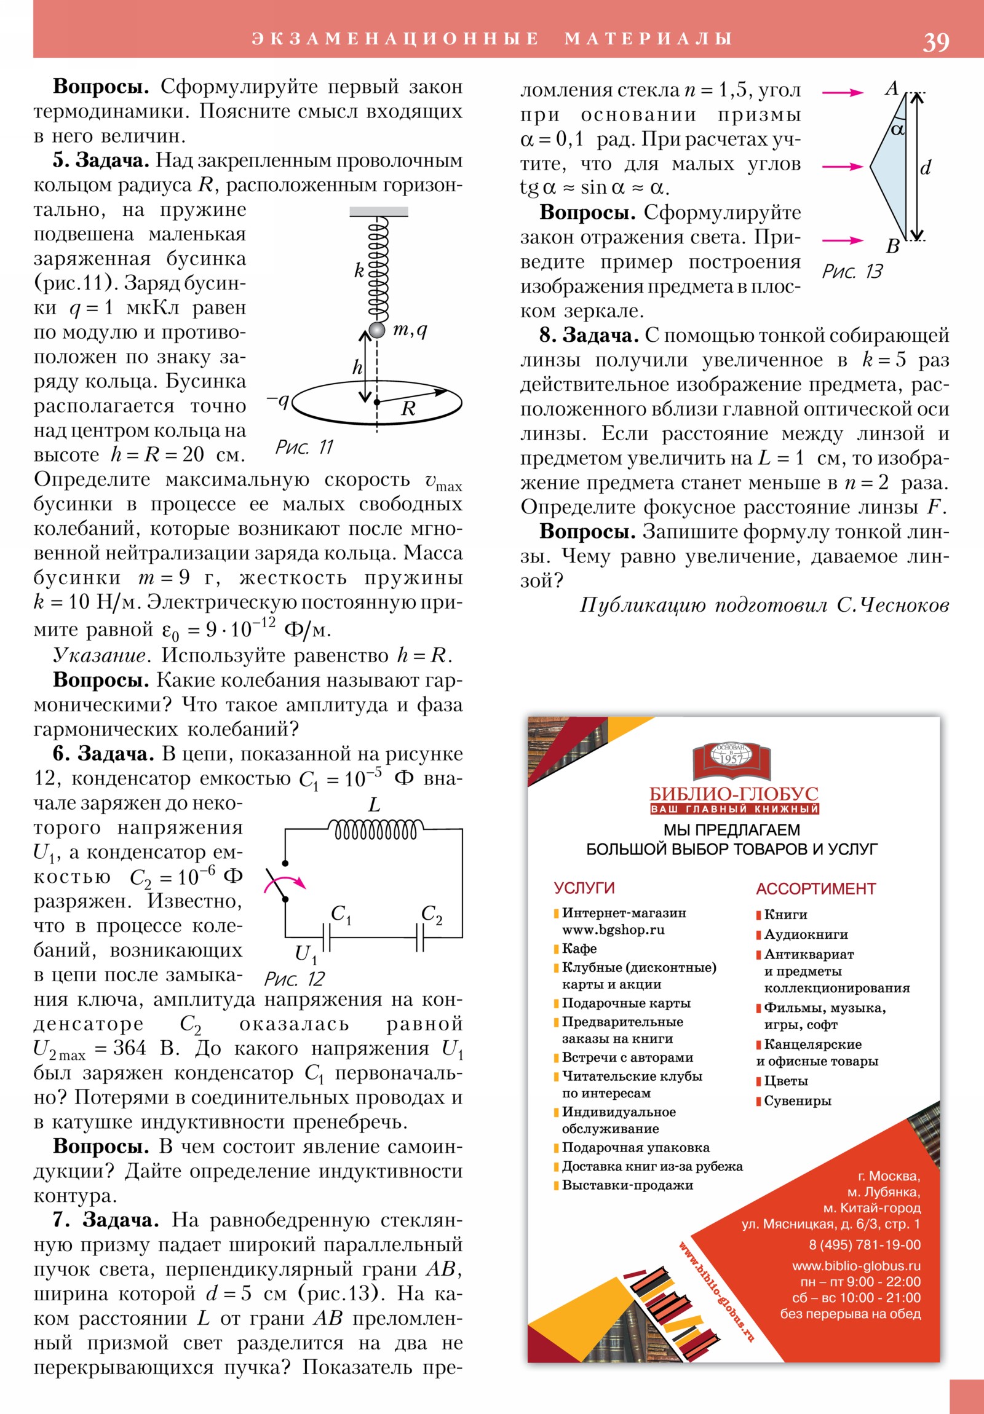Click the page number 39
click(935, 42)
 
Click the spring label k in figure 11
click(359, 270)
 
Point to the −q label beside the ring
click(278, 400)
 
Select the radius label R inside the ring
click(408, 408)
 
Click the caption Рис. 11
click(304, 446)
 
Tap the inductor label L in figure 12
click(374, 804)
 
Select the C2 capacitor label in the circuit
click(431, 914)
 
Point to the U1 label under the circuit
click(306, 954)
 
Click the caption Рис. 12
click(294, 979)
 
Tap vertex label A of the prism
click(892, 89)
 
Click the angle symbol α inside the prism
click(898, 129)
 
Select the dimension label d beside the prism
click(925, 167)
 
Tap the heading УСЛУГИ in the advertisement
click(584, 888)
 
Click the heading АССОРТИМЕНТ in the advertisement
click(815, 889)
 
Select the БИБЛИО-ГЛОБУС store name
click(734, 794)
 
